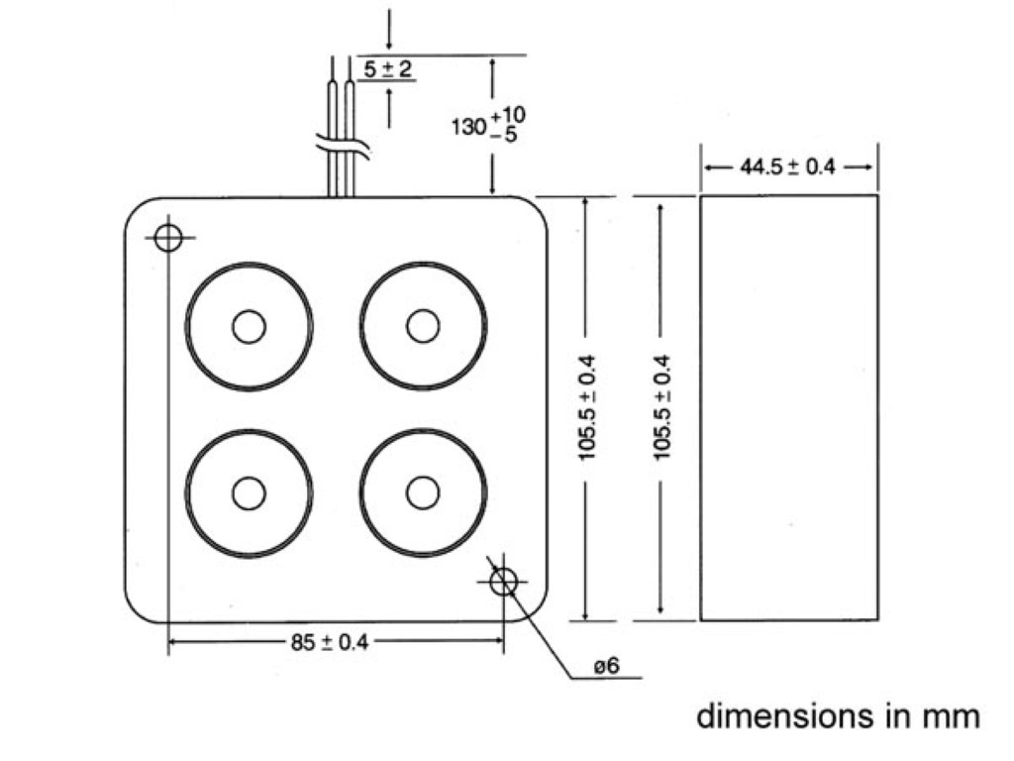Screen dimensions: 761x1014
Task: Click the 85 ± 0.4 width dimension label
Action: tap(329, 642)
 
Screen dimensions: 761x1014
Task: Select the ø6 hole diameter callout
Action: tap(606, 667)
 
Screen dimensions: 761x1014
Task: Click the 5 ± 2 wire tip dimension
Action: tap(387, 69)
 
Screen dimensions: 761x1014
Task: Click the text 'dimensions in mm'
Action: tap(839, 715)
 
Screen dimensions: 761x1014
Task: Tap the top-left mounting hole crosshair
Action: tap(168, 237)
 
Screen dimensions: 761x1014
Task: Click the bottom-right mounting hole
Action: tap(504, 582)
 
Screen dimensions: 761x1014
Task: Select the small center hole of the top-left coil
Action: tap(249, 326)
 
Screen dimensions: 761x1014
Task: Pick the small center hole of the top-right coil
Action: tap(423, 326)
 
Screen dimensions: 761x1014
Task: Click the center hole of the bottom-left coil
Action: tap(249, 492)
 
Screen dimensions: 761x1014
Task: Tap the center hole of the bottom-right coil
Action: tap(423, 492)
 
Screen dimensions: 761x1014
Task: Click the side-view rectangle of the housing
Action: tap(789, 407)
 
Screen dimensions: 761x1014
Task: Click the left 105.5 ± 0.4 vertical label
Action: tap(587, 407)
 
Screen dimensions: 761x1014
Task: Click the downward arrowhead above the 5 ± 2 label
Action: tap(390, 44)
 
